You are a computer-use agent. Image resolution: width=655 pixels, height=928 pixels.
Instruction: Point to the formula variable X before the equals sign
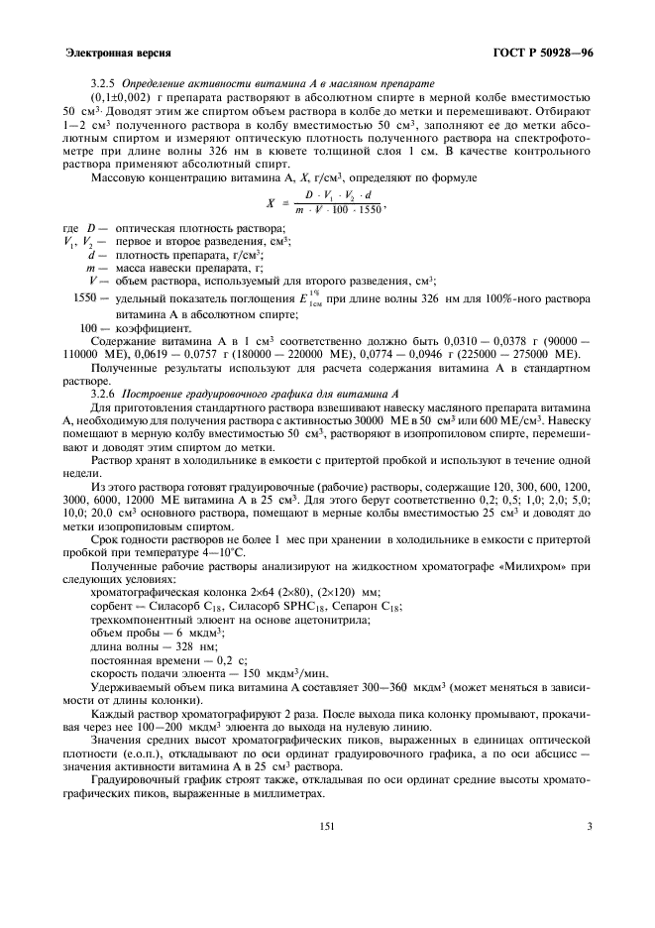click(x=271, y=203)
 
